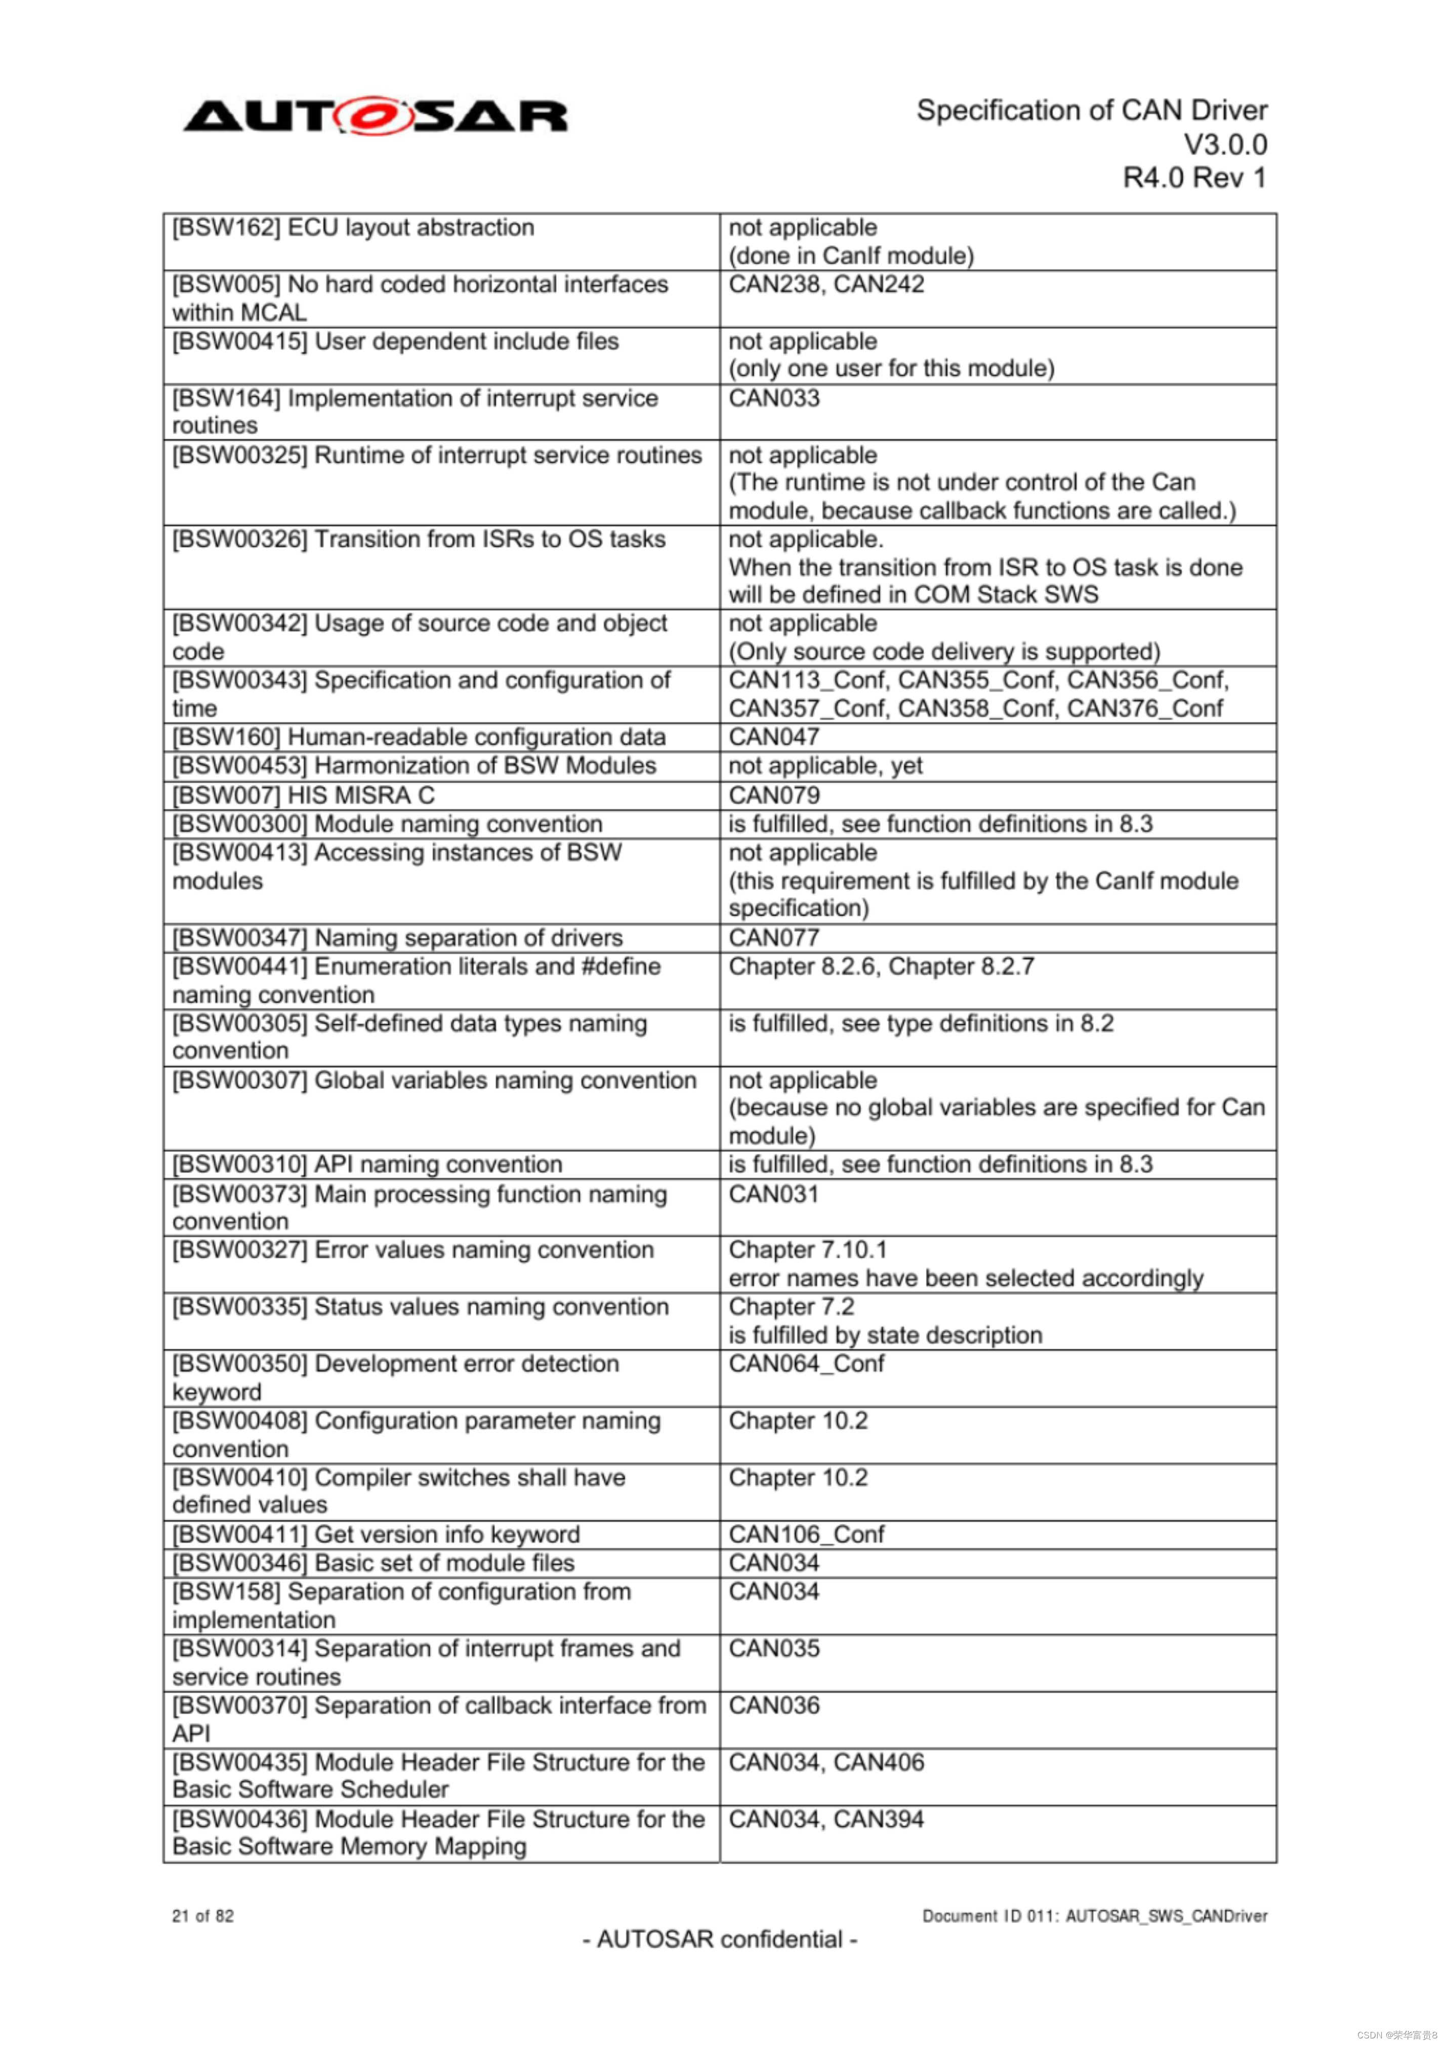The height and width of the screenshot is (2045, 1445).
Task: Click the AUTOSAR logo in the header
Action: coord(375,117)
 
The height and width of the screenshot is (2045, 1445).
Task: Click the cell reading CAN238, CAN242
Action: coord(826,285)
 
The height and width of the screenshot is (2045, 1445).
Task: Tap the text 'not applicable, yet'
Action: coord(825,766)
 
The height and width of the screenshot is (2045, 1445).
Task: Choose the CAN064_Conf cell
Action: coord(806,1364)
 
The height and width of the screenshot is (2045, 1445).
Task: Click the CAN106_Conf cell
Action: coord(806,1535)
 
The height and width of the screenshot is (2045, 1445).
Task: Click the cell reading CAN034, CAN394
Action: coord(826,1820)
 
